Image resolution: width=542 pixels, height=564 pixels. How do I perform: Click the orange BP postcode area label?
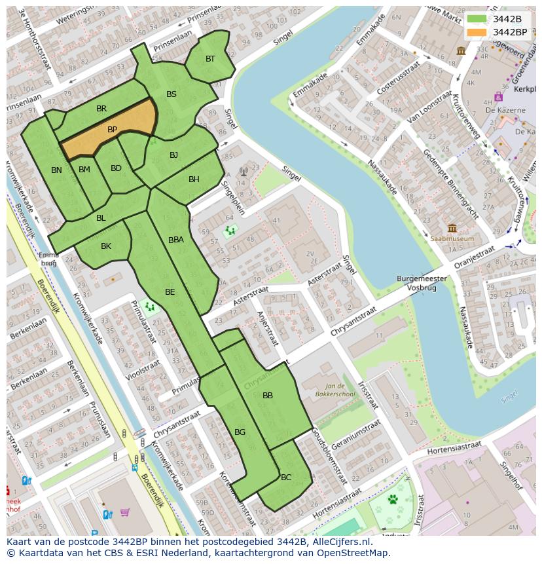(x=112, y=130)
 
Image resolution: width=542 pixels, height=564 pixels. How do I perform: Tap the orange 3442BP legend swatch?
(x=477, y=32)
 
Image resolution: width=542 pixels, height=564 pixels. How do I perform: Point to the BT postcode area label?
(x=210, y=59)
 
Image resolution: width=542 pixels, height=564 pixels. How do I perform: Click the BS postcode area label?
(x=172, y=94)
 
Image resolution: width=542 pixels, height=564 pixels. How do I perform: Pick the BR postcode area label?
(x=101, y=109)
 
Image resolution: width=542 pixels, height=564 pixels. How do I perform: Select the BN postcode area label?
(x=57, y=170)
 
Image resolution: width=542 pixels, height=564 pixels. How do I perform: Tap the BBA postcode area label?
(x=176, y=240)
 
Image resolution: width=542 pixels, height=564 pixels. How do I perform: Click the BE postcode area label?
(x=170, y=292)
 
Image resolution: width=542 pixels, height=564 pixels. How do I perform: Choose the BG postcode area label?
(x=240, y=432)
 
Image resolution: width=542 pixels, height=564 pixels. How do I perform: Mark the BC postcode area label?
(x=286, y=478)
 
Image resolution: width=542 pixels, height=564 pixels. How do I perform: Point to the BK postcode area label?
(x=106, y=246)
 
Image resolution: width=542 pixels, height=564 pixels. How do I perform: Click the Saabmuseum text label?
(x=452, y=239)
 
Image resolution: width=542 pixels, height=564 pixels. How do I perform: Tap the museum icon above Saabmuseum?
(x=452, y=229)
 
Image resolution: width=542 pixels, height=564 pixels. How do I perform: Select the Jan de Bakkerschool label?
(x=340, y=391)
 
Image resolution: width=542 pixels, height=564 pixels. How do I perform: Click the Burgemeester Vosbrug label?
(x=422, y=283)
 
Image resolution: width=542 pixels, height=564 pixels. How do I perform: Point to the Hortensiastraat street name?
(x=454, y=449)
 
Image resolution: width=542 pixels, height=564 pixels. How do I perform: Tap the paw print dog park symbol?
(x=393, y=500)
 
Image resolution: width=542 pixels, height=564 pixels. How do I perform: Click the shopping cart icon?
(x=124, y=512)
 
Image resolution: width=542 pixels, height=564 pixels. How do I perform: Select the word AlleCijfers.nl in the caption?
(x=340, y=542)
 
